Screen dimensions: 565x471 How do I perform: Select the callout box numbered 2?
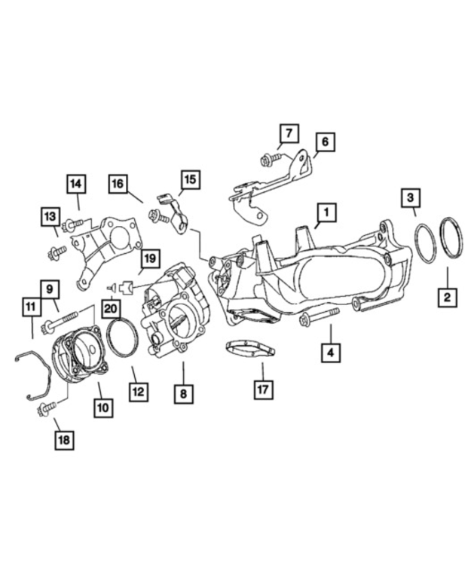click(x=447, y=296)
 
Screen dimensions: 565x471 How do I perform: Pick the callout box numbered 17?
click(x=263, y=389)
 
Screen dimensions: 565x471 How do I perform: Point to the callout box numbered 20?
click(x=112, y=307)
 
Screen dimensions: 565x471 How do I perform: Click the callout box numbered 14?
click(x=75, y=184)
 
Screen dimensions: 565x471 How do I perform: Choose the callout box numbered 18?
click(x=65, y=439)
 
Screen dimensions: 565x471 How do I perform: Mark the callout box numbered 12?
click(x=138, y=391)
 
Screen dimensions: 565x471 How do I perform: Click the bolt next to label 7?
click(x=270, y=160)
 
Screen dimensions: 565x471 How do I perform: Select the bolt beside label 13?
click(x=57, y=252)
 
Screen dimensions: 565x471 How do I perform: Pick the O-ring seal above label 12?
click(x=123, y=337)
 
